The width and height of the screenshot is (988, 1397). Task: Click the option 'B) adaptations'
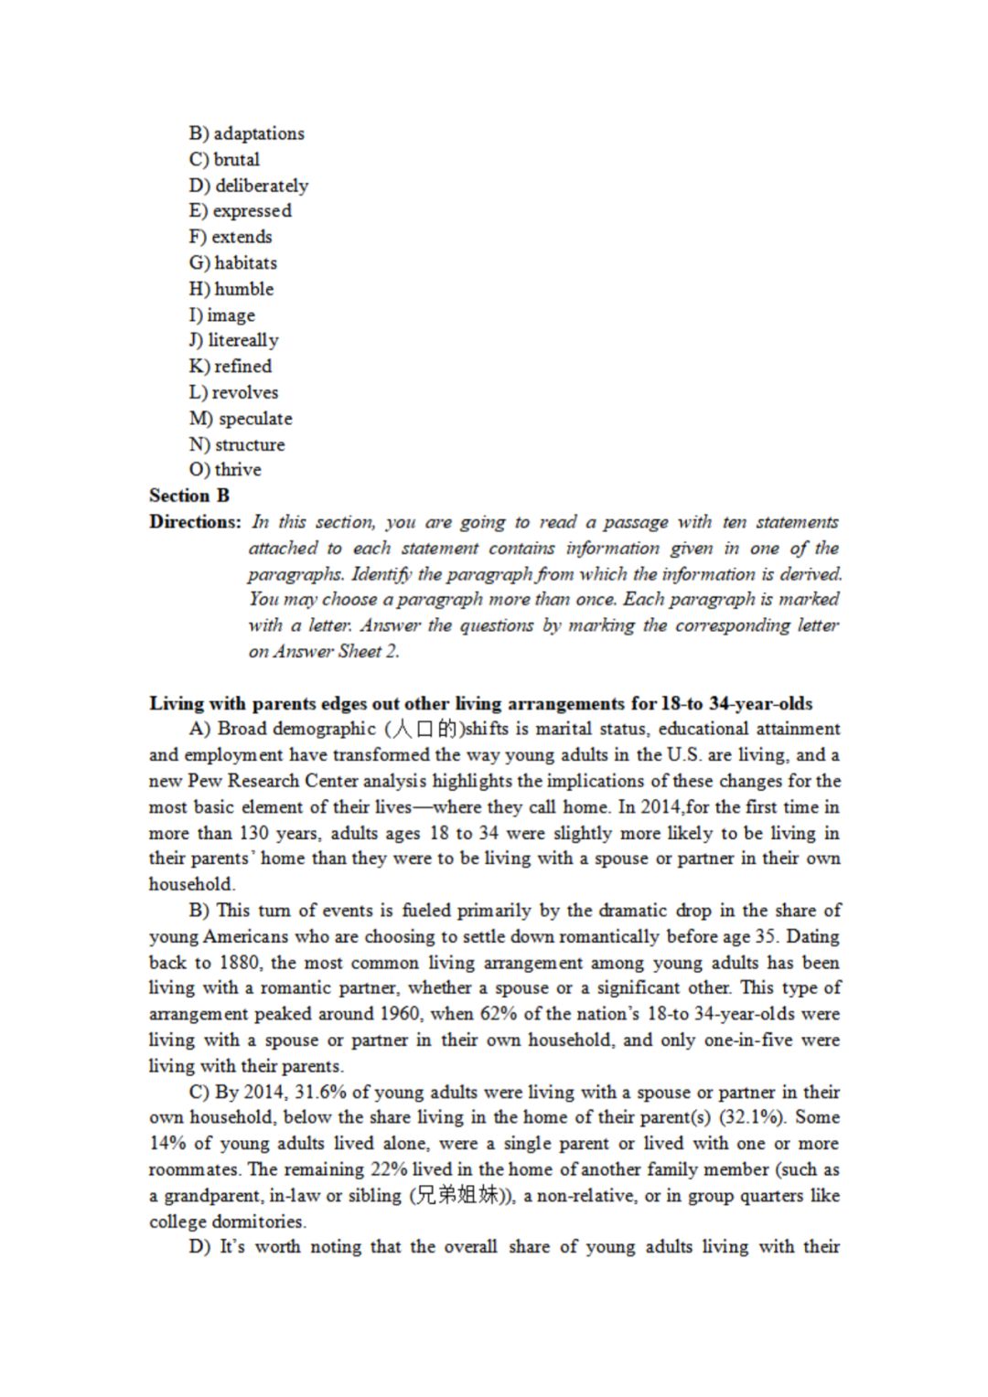[x=247, y=133]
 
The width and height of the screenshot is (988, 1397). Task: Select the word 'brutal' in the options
[x=237, y=159]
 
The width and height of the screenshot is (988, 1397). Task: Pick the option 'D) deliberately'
[x=249, y=186]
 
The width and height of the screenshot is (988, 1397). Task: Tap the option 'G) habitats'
[x=233, y=263]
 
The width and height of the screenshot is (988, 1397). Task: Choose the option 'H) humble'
[x=231, y=289]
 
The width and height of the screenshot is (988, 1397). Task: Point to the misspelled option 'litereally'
[x=243, y=340]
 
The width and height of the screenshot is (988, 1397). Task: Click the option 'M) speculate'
[x=241, y=419]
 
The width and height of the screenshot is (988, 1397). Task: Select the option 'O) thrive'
[x=225, y=470]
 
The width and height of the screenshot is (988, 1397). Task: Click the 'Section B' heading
[x=189, y=496]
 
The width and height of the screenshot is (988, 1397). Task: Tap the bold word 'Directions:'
[x=195, y=522]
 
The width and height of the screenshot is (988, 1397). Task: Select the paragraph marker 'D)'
[x=200, y=1247]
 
